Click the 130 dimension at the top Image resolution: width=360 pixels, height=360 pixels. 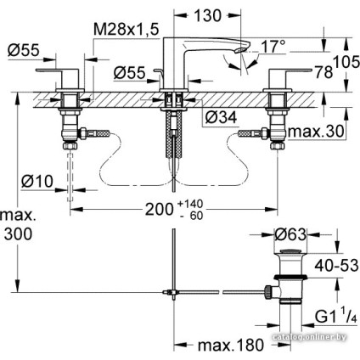207,15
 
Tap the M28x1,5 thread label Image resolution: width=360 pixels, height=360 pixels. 127,30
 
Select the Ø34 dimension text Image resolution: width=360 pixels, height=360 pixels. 221,118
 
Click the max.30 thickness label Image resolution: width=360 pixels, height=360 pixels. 316,131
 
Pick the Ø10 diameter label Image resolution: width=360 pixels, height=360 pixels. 37,181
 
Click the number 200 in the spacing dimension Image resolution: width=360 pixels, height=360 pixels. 159,210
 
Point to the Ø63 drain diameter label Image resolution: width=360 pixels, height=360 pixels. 290,234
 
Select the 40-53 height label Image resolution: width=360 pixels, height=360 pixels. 337,266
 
